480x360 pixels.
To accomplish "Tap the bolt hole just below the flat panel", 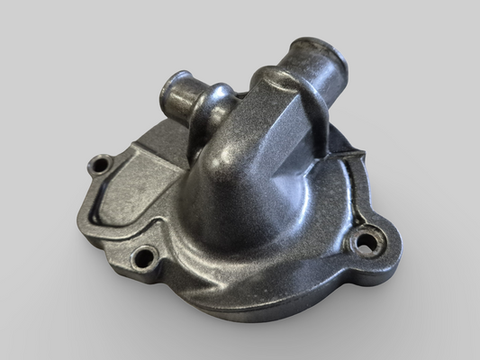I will pos(143,258).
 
